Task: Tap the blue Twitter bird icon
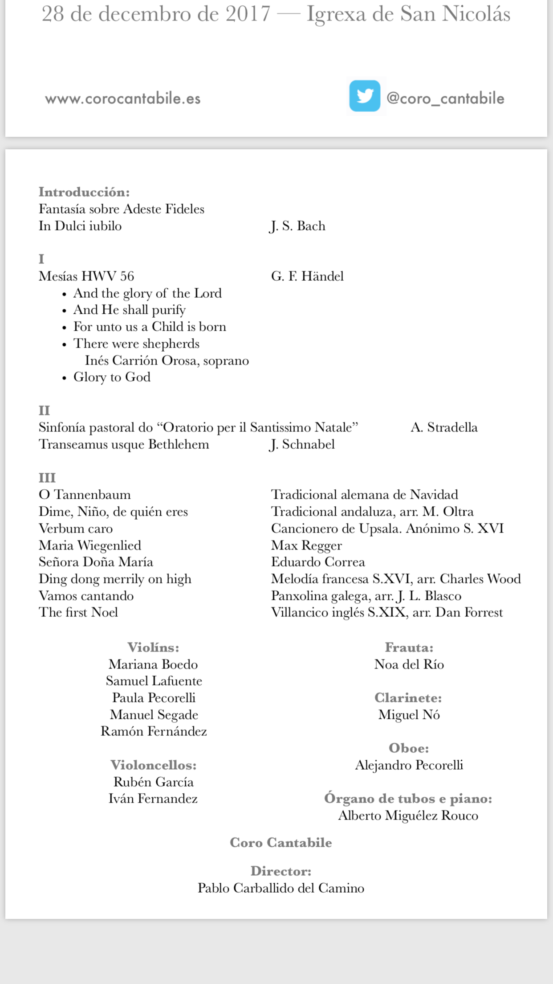(x=365, y=96)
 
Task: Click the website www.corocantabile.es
(x=122, y=98)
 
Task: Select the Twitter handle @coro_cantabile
(x=445, y=98)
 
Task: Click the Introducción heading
(x=84, y=192)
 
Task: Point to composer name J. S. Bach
(x=298, y=226)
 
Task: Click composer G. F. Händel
(x=307, y=276)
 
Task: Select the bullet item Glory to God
(x=112, y=377)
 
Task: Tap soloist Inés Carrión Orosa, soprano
(x=167, y=361)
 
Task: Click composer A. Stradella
(x=444, y=427)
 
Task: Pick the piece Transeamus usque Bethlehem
(x=124, y=444)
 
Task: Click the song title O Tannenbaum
(x=85, y=495)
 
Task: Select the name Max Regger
(x=306, y=545)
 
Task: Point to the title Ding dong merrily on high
(x=115, y=579)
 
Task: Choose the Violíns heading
(x=153, y=648)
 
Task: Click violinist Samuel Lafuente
(x=154, y=681)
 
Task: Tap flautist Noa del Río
(x=409, y=664)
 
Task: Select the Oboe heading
(x=409, y=748)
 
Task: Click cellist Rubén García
(x=154, y=782)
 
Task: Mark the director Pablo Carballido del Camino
(x=281, y=888)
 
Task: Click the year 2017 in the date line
(x=248, y=14)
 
